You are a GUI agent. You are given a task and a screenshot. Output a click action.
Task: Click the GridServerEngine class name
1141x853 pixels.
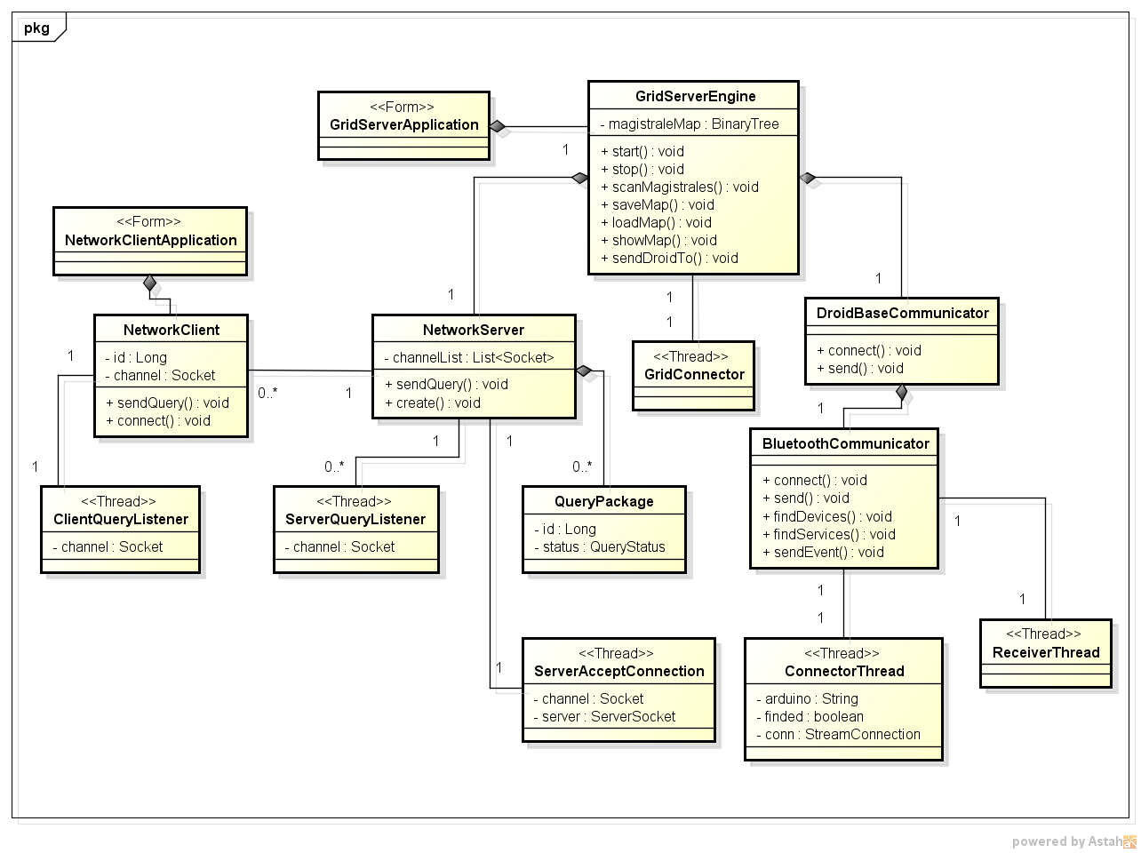point(695,96)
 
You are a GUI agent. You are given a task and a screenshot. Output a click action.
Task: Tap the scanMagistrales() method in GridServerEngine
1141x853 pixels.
point(680,187)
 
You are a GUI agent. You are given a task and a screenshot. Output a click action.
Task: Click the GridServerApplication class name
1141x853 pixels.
point(403,125)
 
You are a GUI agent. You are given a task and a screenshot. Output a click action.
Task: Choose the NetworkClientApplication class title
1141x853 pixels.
point(150,241)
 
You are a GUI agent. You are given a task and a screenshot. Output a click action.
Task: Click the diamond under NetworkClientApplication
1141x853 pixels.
point(150,283)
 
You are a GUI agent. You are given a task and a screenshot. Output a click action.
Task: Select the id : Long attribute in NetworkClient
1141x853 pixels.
point(136,358)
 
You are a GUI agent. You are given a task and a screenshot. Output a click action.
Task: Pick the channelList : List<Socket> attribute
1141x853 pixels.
point(469,358)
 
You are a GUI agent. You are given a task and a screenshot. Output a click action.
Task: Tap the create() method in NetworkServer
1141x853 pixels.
point(433,403)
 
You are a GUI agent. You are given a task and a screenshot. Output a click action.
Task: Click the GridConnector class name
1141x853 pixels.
point(694,375)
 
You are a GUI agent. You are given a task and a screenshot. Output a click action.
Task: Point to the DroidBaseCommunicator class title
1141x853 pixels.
point(902,314)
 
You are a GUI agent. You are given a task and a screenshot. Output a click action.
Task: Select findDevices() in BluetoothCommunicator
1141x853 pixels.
point(826,517)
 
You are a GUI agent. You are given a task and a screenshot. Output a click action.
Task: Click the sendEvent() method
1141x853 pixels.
point(823,553)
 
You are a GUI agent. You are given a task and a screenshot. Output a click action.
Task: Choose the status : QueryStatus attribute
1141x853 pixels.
point(600,547)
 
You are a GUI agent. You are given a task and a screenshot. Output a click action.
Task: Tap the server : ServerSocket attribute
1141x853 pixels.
point(604,717)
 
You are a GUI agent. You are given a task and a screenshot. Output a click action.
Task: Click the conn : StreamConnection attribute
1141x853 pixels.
point(838,735)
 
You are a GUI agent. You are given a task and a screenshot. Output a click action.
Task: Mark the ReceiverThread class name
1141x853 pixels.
point(1046,653)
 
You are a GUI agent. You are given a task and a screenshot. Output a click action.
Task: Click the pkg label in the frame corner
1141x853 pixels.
point(36,28)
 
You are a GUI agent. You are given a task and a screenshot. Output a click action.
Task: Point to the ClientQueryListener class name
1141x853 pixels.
point(121,520)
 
